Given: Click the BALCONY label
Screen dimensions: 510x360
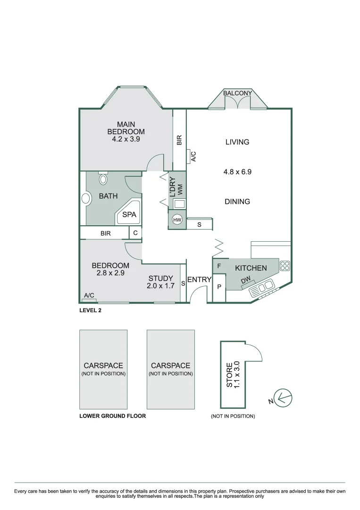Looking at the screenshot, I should (238, 93).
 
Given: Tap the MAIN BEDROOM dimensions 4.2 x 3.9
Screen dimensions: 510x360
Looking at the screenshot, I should (126, 139).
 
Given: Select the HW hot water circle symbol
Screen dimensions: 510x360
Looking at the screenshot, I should (177, 220).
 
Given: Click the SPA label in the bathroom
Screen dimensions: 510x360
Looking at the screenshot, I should (129, 214).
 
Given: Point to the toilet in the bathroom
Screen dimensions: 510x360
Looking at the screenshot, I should (103, 179).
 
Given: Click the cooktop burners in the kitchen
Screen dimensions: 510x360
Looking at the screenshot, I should (285, 266).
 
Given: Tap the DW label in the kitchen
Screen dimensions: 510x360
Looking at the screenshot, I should (245, 281).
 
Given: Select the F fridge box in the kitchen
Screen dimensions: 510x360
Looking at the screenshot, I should (219, 266).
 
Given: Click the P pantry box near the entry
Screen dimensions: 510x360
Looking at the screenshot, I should (219, 287).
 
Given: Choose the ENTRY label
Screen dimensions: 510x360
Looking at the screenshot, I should (199, 280).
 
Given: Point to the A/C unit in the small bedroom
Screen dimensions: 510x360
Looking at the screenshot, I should (89, 299).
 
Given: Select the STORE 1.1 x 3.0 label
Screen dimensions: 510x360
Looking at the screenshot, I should (233, 374).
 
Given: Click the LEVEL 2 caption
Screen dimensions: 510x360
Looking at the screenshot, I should (91, 310).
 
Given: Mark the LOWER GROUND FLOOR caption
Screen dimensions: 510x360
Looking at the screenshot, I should (112, 416).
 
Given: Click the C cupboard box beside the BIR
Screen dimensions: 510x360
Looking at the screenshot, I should (135, 233).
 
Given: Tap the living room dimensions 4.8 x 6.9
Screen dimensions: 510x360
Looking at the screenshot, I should (237, 172).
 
